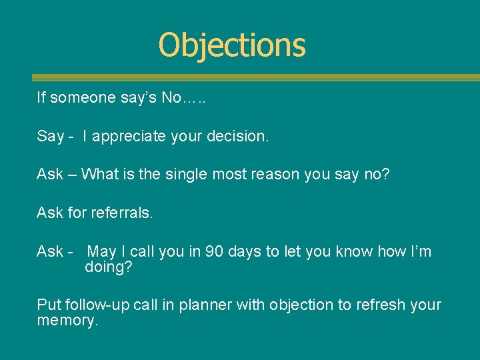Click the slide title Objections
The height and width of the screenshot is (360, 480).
point(232,45)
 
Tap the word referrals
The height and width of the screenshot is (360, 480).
point(123,213)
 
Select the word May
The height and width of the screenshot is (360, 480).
point(101,252)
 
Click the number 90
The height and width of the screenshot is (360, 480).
point(215,252)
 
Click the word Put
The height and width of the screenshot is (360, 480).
point(49,305)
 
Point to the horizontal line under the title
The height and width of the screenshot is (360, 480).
point(256,77)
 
